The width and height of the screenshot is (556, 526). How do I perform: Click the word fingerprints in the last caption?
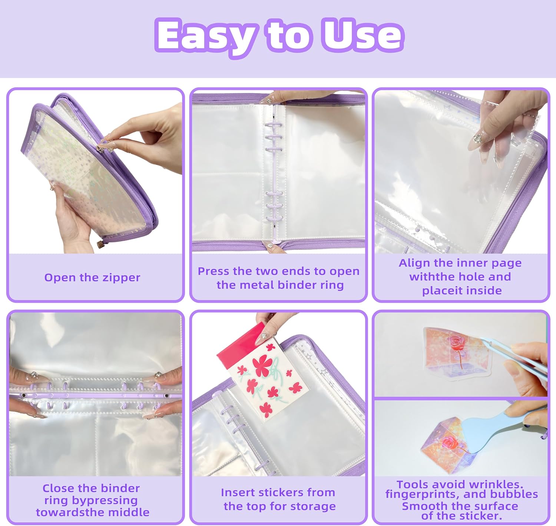(423, 495)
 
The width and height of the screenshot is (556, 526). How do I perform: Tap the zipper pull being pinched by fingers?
(102, 147)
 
